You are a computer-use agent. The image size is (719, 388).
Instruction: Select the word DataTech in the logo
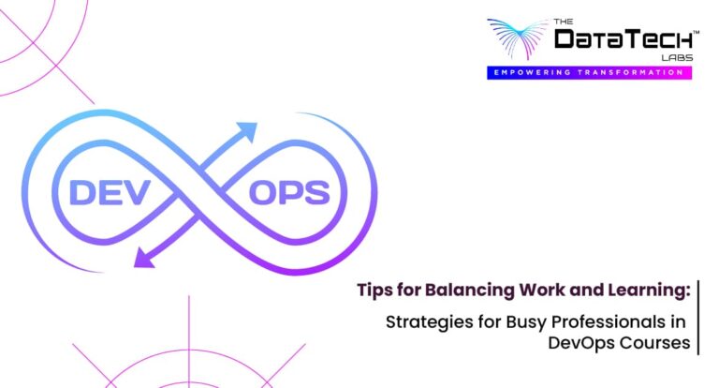624,40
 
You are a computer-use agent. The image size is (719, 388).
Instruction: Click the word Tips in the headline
374,290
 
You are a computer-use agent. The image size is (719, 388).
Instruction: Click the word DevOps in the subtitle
581,344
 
